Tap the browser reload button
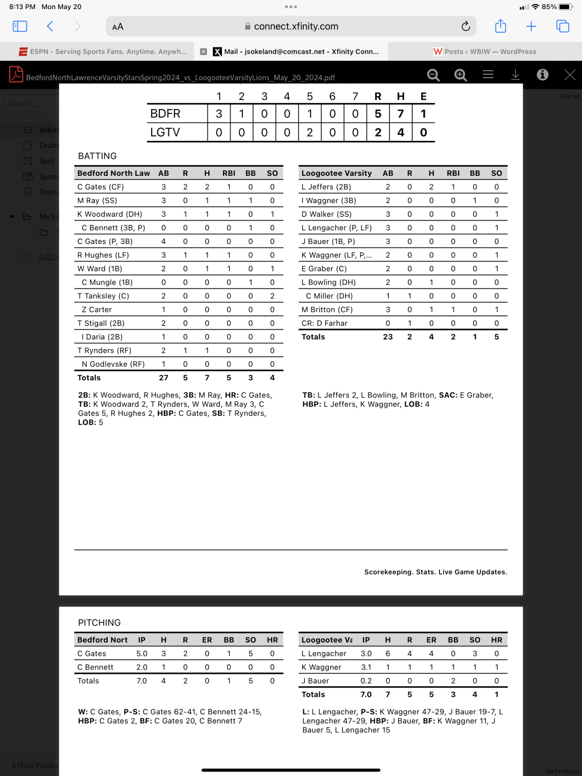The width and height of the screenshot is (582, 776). click(466, 26)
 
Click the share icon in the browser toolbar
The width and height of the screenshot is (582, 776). click(501, 26)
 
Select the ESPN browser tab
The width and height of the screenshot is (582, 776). click(103, 52)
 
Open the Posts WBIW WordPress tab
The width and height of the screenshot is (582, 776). click(485, 52)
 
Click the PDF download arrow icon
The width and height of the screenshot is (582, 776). click(515, 75)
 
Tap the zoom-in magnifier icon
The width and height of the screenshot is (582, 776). click(460, 75)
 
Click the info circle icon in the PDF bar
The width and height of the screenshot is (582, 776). click(543, 75)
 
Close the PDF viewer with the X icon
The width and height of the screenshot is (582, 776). click(570, 75)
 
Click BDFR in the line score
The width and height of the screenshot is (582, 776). click(165, 114)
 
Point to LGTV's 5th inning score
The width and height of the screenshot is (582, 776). click(309, 132)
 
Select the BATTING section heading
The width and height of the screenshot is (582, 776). click(98, 156)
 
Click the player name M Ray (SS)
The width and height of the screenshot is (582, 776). click(97, 201)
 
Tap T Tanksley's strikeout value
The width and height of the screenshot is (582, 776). click(272, 296)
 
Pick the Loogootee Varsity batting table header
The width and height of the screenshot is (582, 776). click(337, 173)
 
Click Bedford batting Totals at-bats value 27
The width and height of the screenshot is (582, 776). click(163, 378)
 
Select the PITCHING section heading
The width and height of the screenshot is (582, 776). click(99, 623)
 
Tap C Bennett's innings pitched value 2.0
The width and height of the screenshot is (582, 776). click(142, 667)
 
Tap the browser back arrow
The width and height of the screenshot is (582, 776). click(50, 26)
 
